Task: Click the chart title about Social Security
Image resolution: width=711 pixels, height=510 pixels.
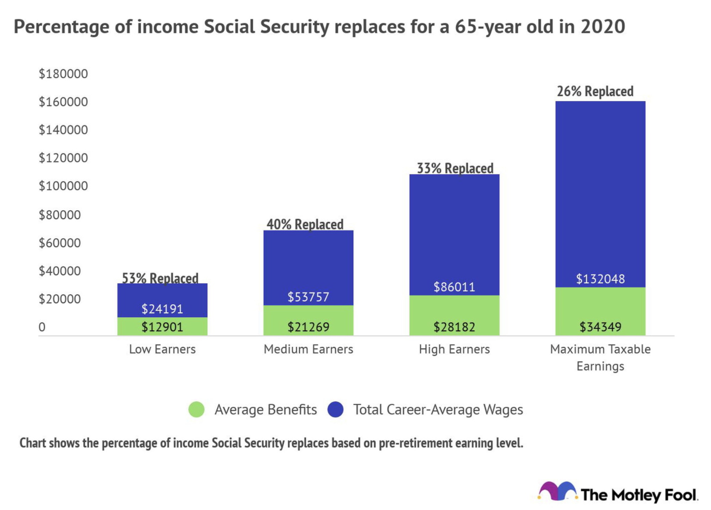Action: point(319,27)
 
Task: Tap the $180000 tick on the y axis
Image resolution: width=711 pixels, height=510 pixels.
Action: point(63,74)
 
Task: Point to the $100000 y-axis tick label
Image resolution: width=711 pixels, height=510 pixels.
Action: point(63,186)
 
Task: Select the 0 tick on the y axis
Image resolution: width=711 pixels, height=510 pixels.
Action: point(42,327)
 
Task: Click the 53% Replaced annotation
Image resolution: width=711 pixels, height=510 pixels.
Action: point(160,278)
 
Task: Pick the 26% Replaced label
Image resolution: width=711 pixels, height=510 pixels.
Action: point(595,91)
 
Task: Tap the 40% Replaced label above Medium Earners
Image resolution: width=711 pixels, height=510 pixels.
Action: point(305,224)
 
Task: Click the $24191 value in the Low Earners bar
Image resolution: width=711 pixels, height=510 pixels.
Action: point(162,309)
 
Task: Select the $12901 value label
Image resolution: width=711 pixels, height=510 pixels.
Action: point(162,327)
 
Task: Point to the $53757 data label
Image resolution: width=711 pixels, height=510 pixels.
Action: point(308,297)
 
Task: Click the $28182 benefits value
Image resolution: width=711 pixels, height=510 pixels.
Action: point(454,327)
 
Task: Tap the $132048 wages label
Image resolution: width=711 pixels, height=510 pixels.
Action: point(600,279)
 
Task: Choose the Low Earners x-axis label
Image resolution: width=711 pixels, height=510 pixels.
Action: point(162,349)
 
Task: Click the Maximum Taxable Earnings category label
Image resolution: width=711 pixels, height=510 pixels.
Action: point(600,358)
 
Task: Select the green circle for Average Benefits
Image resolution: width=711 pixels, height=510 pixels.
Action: point(196,410)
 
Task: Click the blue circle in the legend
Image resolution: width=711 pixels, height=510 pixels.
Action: point(336,410)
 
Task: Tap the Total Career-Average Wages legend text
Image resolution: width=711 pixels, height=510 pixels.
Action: point(438,410)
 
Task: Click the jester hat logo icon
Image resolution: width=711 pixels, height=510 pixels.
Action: point(558,491)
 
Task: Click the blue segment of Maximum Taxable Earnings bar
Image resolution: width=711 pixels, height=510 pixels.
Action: point(600,185)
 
